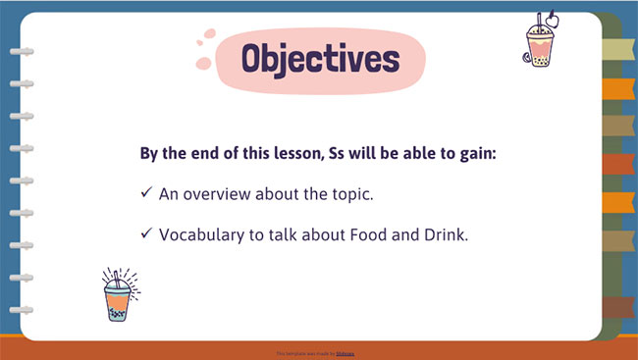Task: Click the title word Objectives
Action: (320, 59)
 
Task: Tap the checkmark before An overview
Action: (146, 193)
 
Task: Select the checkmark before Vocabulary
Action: (146, 233)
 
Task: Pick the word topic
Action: (350, 193)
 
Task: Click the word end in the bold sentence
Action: (205, 155)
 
